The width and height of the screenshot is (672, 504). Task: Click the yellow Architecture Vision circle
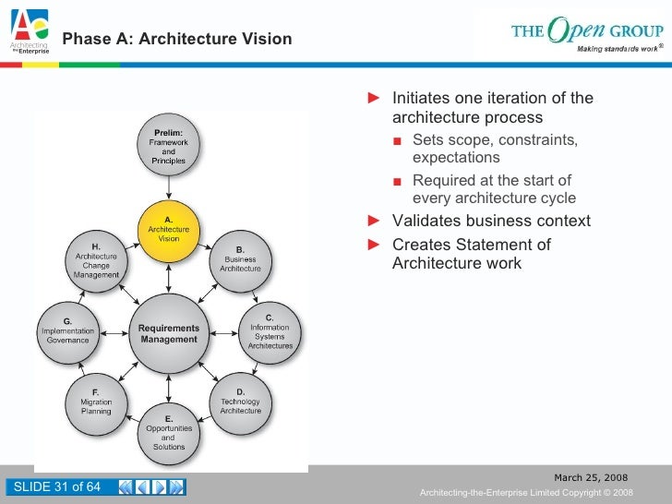(168, 228)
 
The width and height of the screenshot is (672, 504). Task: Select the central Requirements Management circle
(168, 333)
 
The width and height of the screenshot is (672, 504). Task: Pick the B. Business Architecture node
(240, 258)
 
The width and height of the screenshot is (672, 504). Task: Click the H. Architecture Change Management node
(96, 258)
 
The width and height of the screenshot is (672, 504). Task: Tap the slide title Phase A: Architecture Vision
(177, 40)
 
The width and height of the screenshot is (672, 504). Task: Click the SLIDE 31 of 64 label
(55, 487)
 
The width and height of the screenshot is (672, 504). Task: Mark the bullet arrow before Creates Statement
(374, 245)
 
